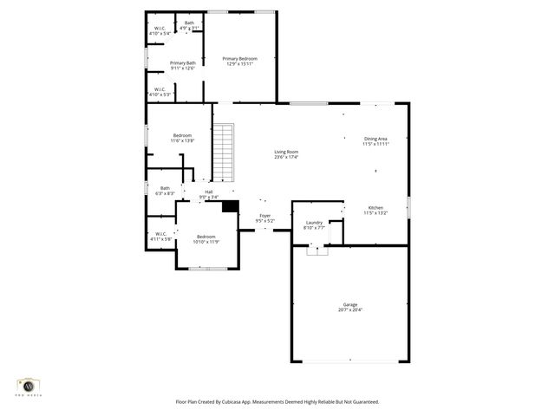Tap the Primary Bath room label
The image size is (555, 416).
(x=182, y=65)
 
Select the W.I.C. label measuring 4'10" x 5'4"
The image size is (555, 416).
(x=160, y=32)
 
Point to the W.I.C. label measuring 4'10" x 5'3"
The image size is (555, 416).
(x=160, y=91)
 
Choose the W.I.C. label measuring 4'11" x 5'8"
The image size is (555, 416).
(x=160, y=236)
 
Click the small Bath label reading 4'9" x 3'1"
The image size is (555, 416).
(x=189, y=26)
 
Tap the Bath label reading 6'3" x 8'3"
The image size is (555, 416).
(x=165, y=191)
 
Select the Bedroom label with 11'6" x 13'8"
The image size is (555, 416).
(x=182, y=138)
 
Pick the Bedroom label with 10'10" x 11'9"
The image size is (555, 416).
(x=206, y=239)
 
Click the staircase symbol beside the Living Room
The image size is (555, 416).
(x=224, y=152)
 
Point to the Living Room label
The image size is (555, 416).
(x=286, y=154)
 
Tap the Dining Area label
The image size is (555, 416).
(x=376, y=140)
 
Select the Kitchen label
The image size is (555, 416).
(x=375, y=210)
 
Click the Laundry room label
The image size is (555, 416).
(x=314, y=224)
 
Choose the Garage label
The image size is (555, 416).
(x=349, y=307)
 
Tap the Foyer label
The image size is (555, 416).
(x=264, y=218)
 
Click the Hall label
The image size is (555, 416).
(x=209, y=194)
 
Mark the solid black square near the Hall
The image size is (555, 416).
(x=230, y=206)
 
